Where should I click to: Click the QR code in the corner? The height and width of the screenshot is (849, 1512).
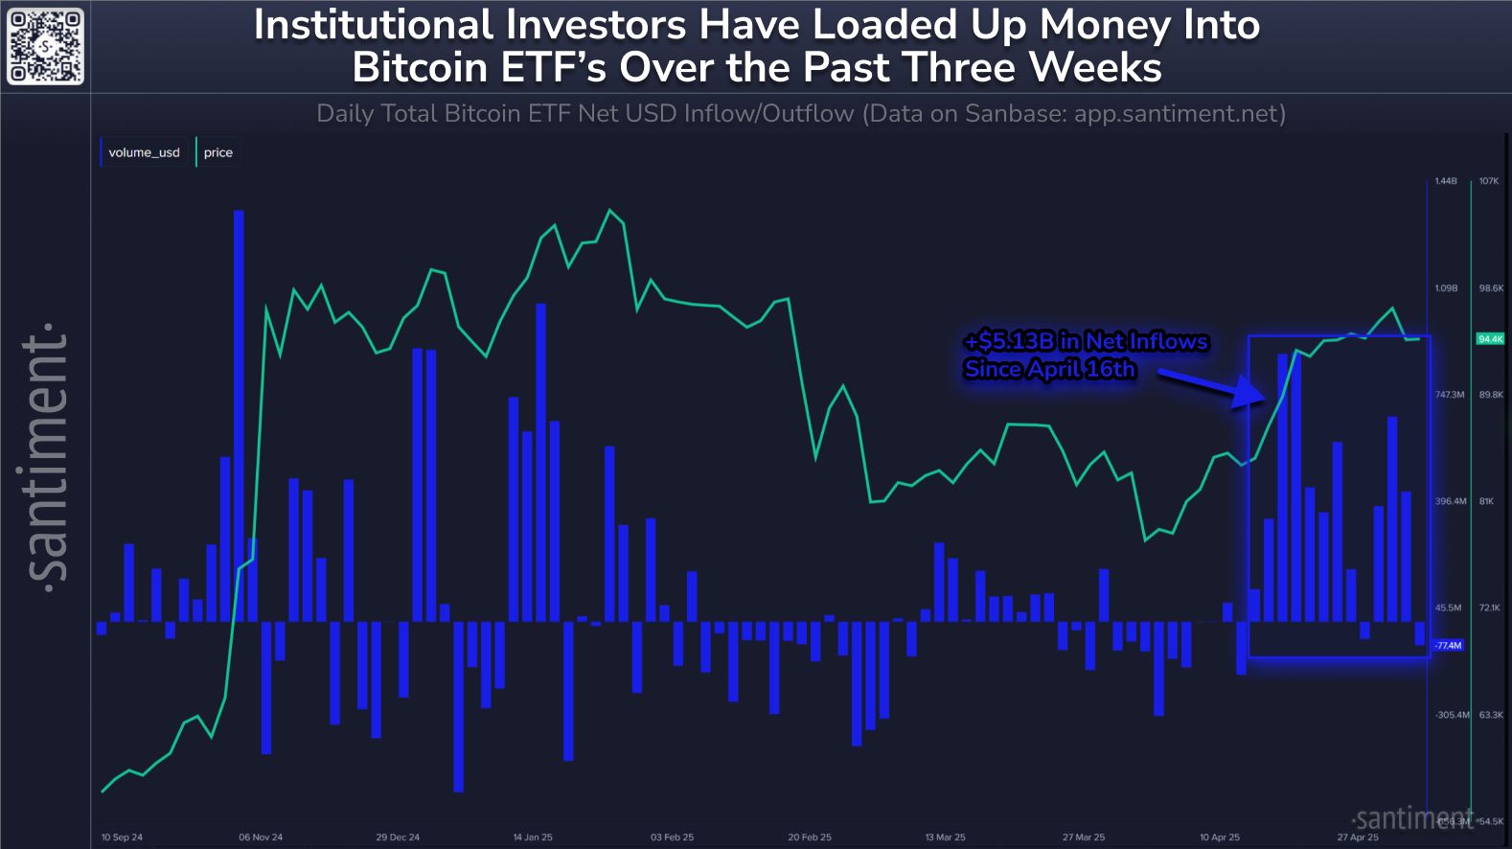tap(46, 46)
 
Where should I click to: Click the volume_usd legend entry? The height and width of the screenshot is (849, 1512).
tap(144, 152)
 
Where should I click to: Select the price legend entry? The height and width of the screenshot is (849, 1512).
tap(218, 152)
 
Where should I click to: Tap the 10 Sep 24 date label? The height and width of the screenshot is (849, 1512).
tap(122, 837)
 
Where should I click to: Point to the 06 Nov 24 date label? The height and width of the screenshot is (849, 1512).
tap(261, 837)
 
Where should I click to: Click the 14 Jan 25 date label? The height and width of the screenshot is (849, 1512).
tap(533, 837)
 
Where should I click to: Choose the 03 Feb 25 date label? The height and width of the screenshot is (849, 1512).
tap(672, 837)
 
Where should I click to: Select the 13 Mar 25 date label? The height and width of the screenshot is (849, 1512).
tap(946, 837)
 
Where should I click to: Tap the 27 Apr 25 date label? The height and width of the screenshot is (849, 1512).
tap(1358, 837)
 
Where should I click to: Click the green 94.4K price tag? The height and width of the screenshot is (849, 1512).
tap(1490, 339)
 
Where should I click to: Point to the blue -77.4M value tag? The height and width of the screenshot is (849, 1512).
tap(1448, 645)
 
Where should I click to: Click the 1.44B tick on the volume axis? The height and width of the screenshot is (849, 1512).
tap(1446, 181)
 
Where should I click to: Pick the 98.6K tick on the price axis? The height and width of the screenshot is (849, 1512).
tap(1491, 287)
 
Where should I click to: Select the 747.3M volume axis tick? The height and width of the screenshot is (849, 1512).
tap(1450, 394)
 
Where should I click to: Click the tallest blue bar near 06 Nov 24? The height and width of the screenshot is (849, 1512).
tap(239, 412)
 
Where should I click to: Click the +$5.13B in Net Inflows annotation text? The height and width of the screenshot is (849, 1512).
tap(1086, 342)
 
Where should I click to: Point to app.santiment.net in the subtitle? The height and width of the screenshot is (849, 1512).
tap(1179, 114)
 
